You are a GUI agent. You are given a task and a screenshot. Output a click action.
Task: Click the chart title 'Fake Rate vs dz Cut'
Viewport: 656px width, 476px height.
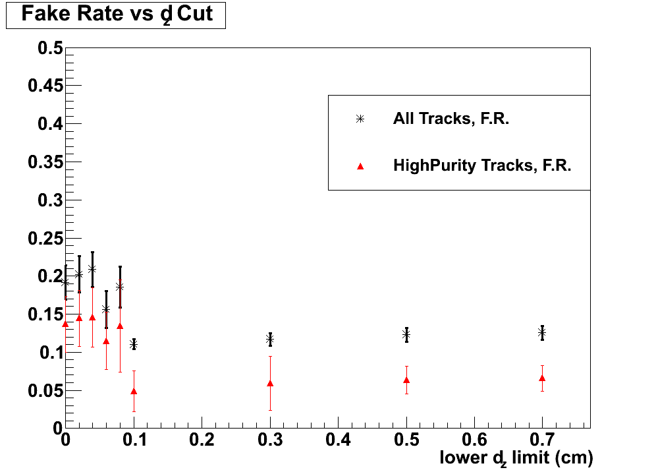116,15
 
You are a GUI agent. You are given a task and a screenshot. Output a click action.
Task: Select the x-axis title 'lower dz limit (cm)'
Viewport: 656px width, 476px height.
516,458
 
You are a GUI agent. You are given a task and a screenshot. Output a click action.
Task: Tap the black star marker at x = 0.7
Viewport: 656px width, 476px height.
542,333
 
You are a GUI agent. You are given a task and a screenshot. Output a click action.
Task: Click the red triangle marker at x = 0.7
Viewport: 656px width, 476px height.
542,378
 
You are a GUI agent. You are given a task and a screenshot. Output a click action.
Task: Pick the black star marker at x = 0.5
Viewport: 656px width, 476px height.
406,335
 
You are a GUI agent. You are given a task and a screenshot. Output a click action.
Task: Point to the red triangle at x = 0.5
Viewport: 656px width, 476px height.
406,380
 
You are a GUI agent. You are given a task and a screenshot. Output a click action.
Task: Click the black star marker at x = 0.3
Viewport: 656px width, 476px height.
270,339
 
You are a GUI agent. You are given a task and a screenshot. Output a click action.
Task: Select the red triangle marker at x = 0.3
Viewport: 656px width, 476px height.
270,383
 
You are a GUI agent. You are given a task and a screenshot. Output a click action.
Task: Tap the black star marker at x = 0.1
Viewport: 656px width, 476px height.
134,344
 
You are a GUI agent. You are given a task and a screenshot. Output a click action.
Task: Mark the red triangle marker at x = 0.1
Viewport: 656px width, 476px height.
134,391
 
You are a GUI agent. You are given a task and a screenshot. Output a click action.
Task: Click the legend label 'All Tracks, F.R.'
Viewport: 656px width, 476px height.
451,119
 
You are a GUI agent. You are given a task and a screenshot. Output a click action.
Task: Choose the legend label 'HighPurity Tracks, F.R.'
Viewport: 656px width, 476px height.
482,166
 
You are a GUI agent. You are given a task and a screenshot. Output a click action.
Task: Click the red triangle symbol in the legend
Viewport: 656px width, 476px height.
360,167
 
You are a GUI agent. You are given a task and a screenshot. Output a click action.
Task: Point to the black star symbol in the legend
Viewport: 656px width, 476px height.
360,119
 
